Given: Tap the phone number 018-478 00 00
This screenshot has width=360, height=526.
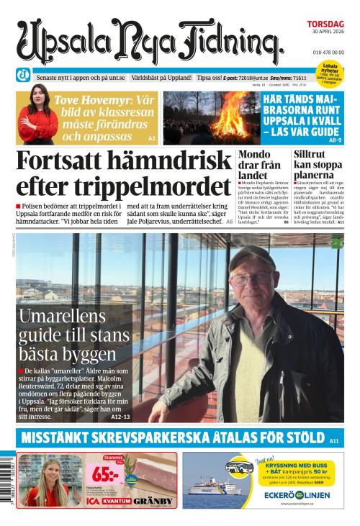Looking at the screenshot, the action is click(x=328, y=53).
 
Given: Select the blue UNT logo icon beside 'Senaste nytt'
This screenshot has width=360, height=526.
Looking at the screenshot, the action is click(x=23, y=75).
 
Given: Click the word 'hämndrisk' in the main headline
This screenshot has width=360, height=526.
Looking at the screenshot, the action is click(x=145, y=162).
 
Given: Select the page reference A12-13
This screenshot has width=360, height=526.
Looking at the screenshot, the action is click(x=120, y=417).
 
